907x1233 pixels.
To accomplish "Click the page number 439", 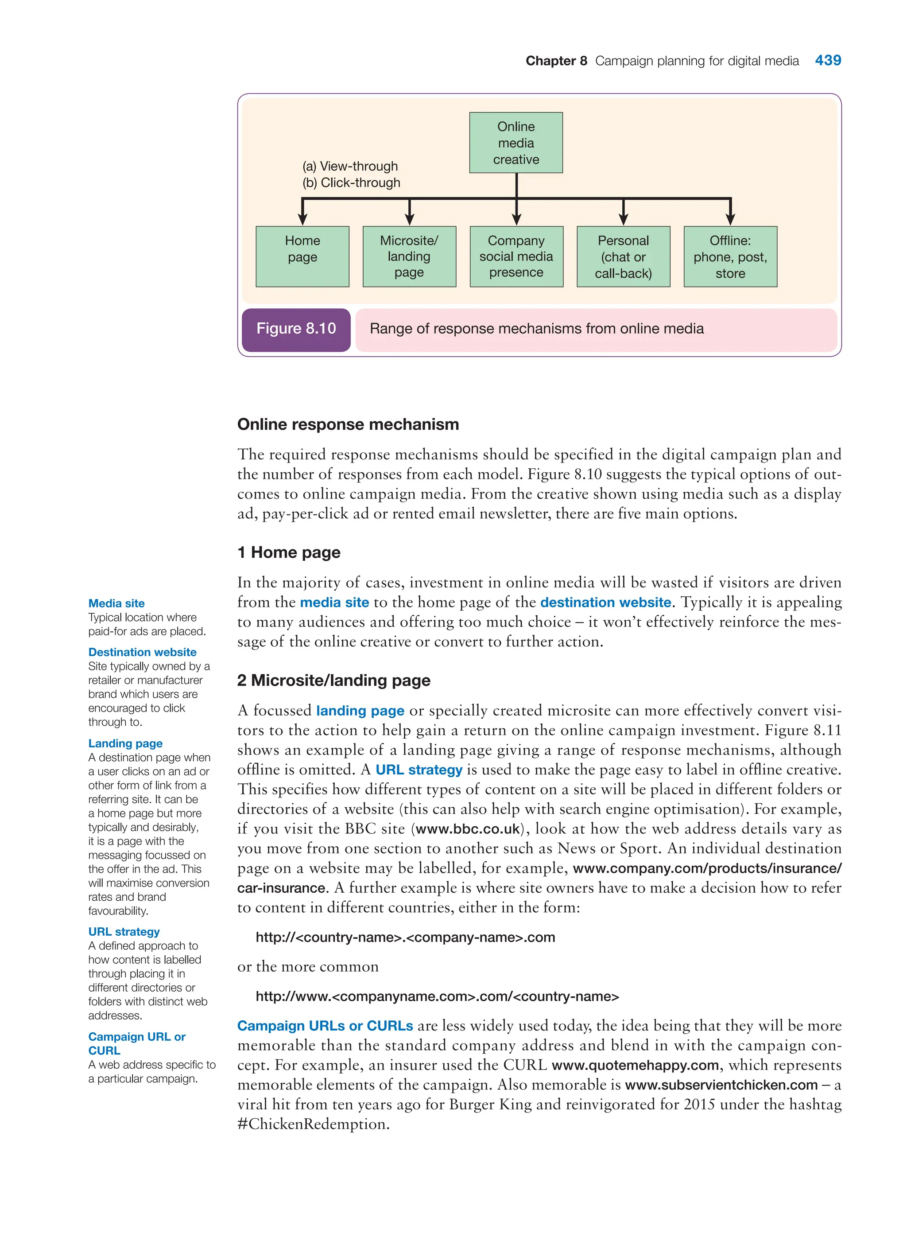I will pos(827,60).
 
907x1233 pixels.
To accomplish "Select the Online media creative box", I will pos(516,143).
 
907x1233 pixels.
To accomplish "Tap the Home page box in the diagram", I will pos(302,256).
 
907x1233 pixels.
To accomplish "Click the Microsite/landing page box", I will pos(409,256).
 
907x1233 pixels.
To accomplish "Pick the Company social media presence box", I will pos(516,256).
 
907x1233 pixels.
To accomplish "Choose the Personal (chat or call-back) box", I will pos(623,256).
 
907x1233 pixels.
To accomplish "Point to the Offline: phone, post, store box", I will pos(730,256).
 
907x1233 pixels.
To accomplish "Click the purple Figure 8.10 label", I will pos(296,329).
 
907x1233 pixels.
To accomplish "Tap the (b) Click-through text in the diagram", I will pos(351,183).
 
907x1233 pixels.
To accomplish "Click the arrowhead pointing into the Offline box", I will pos(730,218).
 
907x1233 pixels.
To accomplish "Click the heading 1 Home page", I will pos(289,552).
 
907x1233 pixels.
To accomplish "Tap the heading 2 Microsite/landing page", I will pos(333,681).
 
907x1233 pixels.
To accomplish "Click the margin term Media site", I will pos(116,603).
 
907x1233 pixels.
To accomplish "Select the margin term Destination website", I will pos(142,652).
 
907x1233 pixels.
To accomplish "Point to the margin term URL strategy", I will pos(124,931).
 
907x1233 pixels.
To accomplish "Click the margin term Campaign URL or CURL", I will pos(137,1043).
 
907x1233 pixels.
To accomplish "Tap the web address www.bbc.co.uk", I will pos(467,829).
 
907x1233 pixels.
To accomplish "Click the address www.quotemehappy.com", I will pos(635,1066).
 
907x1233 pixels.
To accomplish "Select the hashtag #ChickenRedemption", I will pos(313,1124).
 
